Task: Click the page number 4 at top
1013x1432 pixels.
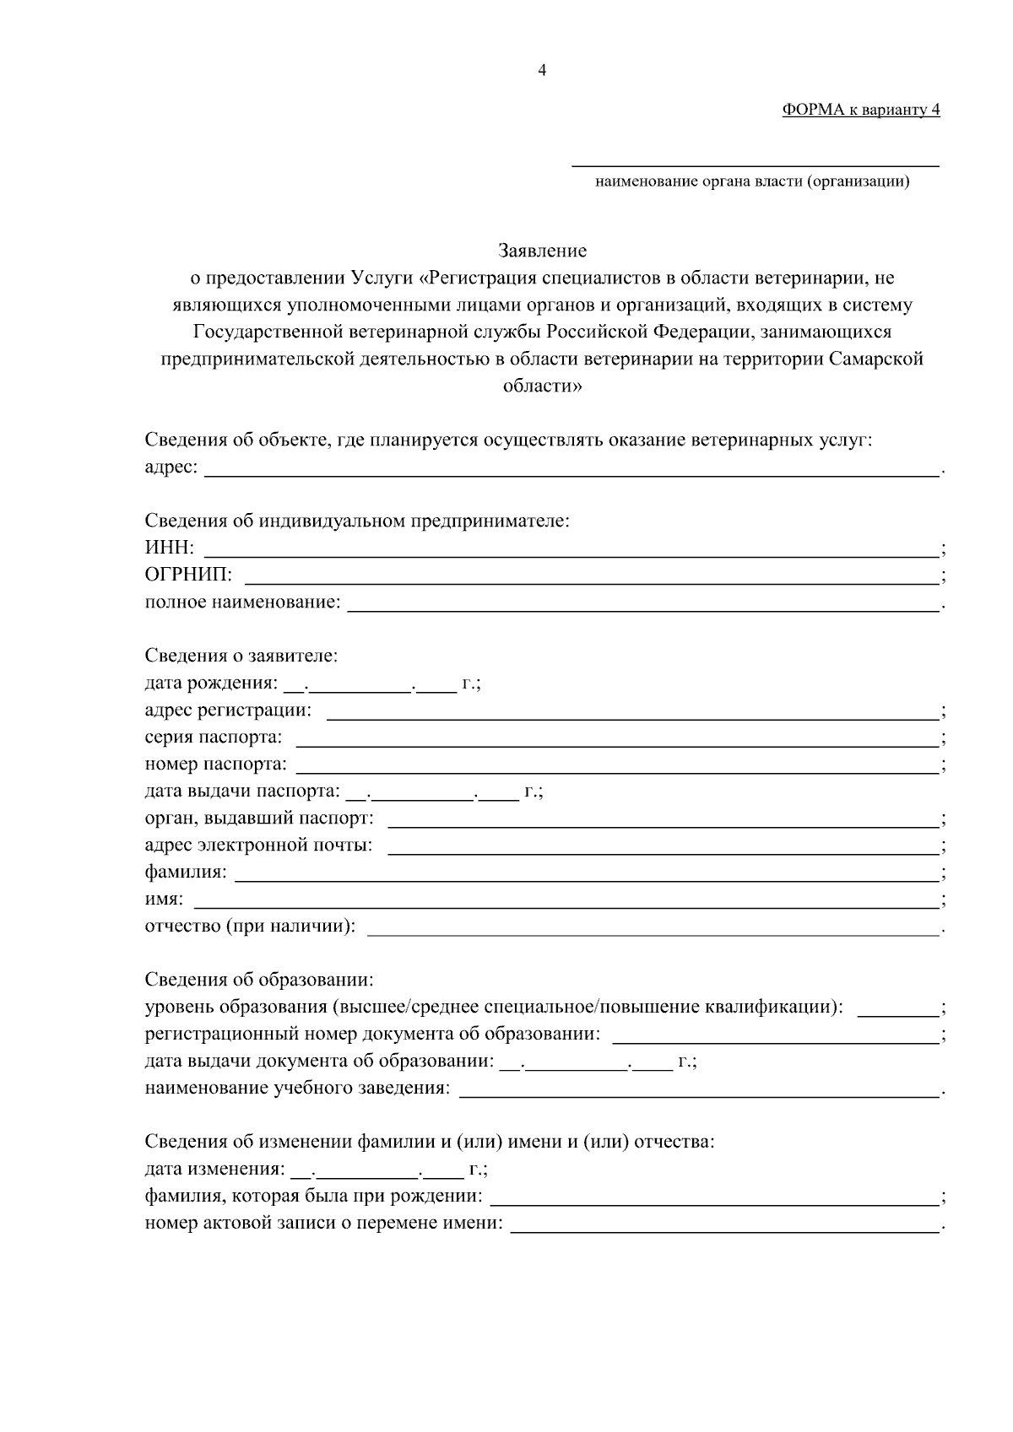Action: (x=542, y=71)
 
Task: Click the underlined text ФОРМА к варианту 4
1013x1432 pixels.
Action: (x=860, y=110)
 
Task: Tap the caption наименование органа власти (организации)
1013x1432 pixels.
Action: (x=752, y=181)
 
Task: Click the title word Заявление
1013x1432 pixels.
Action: (x=542, y=251)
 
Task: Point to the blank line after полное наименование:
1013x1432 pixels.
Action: (x=643, y=607)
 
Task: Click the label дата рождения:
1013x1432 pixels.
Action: (x=210, y=684)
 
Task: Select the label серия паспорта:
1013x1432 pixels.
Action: (x=214, y=738)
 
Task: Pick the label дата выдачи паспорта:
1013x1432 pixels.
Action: (x=242, y=792)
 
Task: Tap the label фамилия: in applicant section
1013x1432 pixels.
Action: (x=186, y=873)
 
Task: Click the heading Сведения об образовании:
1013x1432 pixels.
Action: (x=259, y=980)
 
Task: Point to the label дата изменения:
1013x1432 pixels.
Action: (x=214, y=1170)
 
